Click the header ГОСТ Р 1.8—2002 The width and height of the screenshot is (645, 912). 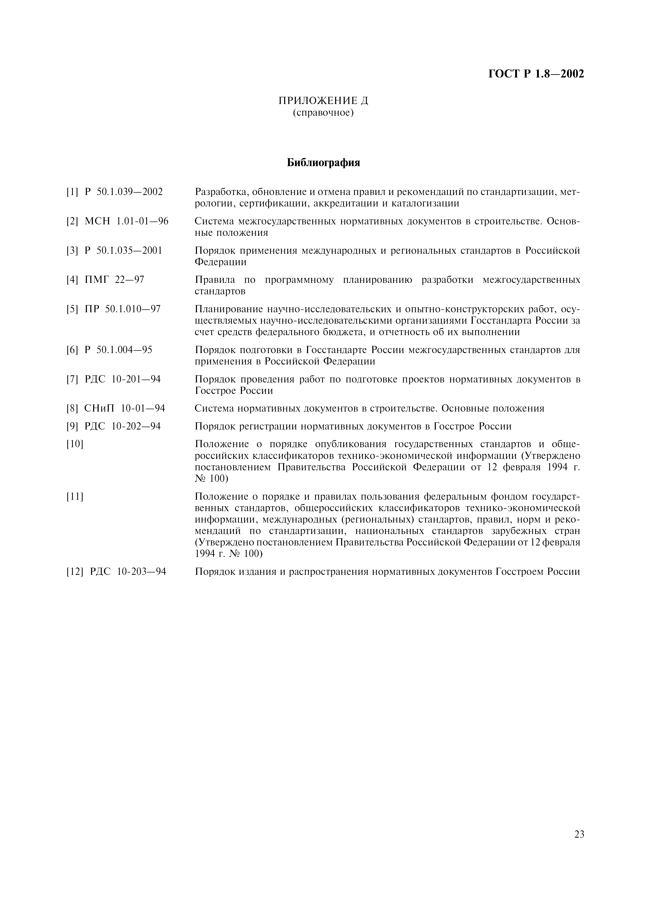pos(536,74)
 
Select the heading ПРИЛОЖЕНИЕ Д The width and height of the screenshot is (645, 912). pos(323,101)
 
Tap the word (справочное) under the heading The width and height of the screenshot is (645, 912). pos(323,113)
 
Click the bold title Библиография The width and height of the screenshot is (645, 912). pos(323,162)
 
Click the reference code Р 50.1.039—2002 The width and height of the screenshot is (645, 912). pos(124,192)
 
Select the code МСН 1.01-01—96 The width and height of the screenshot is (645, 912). pos(126,221)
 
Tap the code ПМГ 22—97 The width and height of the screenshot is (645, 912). pos(114,280)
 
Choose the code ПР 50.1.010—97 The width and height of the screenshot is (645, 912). pos(123,309)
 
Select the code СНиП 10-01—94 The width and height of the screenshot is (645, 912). pos(125,408)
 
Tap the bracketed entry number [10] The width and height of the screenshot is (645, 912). pos(75,444)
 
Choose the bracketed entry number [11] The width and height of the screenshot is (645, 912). pos(75,497)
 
